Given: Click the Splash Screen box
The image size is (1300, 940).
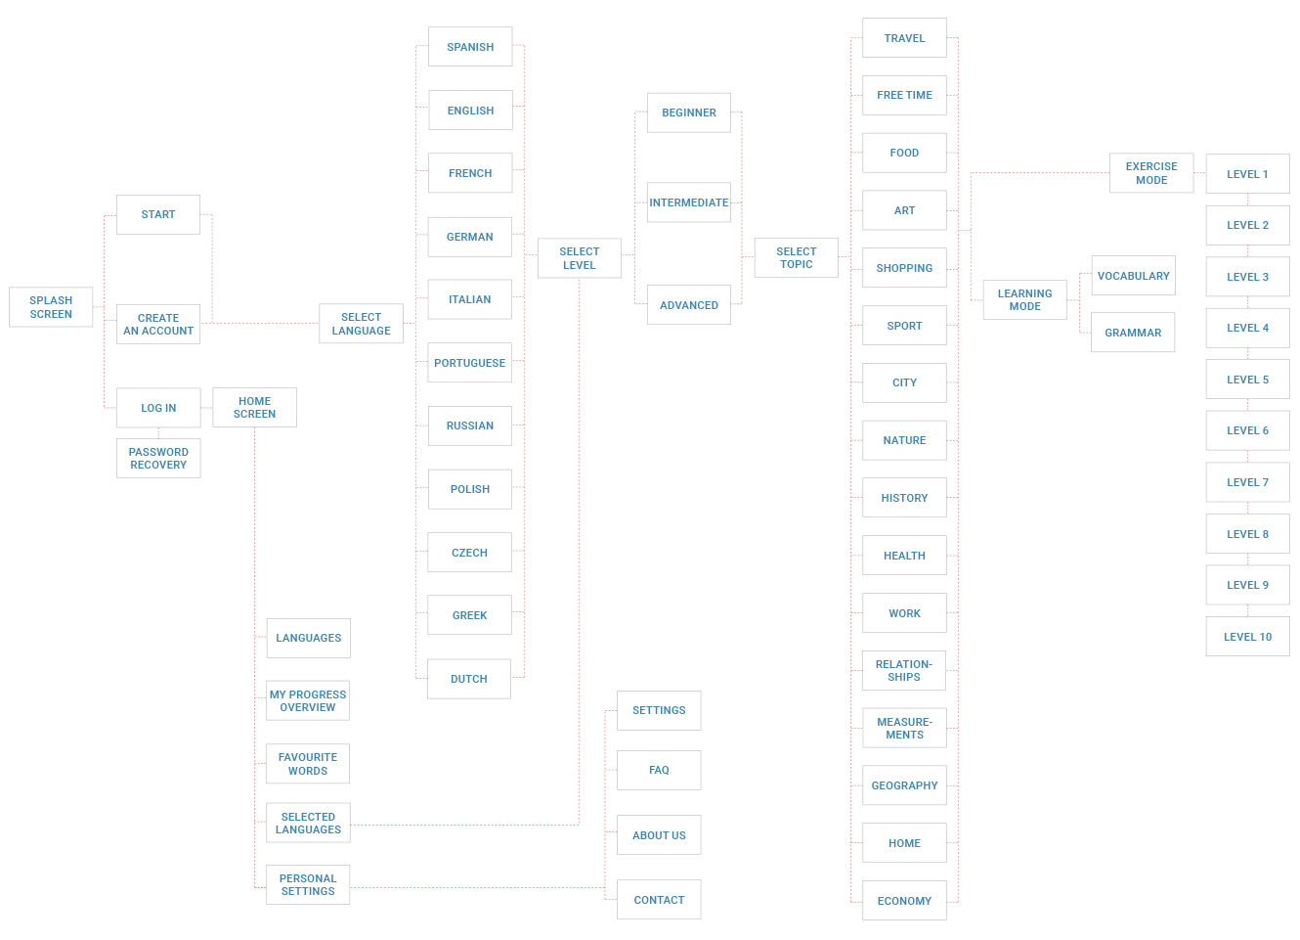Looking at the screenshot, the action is (x=51, y=307).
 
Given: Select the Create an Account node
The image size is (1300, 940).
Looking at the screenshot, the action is (x=158, y=325).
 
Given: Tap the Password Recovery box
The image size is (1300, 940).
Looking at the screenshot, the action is (x=158, y=459).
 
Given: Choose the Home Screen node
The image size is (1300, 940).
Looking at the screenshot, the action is (x=254, y=408).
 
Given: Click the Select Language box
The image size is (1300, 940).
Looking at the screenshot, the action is (x=361, y=324).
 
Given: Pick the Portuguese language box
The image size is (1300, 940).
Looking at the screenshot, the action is (x=469, y=363).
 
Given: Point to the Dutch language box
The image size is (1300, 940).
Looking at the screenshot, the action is (x=469, y=679).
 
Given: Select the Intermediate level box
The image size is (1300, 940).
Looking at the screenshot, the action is (x=688, y=202).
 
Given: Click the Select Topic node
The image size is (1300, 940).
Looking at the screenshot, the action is (x=796, y=258).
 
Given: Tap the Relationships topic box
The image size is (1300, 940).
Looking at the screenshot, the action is (x=904, y=671).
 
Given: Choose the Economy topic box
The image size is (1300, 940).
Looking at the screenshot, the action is (x=904, y=901).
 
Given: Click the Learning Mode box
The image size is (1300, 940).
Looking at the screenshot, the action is (x=1024, y=300).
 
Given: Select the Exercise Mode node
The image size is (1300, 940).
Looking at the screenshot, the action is (x=1151, y=173).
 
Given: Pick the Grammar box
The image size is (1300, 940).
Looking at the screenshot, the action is (x=1133, y=333).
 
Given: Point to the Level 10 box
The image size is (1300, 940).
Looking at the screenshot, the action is (x=1247, y=637).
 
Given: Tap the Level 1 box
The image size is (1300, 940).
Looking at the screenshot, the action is (x=1247, y=174).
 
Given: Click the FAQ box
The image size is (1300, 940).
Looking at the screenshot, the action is (x=659, y=771).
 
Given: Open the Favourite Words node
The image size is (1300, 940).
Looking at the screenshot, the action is (x=308, y=764).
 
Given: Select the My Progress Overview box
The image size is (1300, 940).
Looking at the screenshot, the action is (x=308, y=701).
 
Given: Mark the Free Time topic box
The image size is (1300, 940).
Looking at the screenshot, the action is (x=904, y=96).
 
